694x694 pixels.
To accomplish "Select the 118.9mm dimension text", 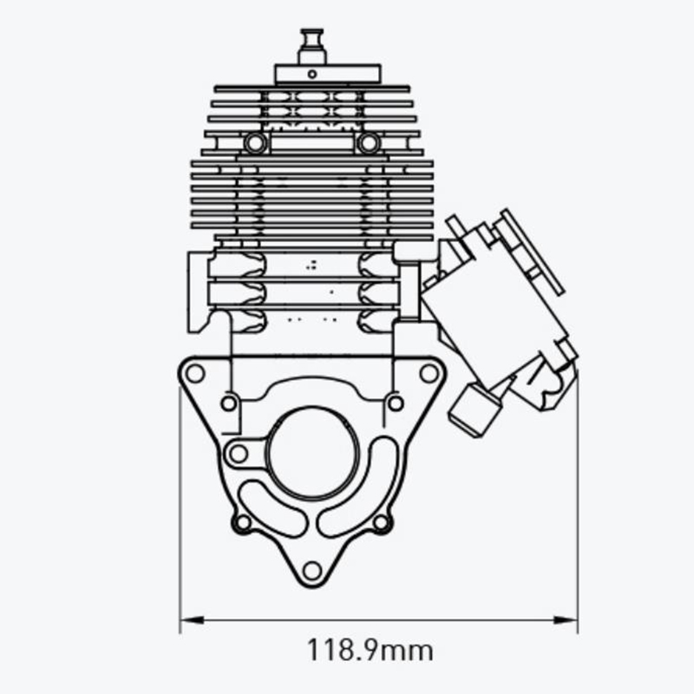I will [370, 649].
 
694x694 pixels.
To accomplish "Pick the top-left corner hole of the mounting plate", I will [196, 373].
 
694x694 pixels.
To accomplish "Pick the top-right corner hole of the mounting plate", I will [429, 373].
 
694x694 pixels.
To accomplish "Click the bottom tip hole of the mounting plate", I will [312, 570].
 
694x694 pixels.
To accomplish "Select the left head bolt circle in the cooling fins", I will [255, 143].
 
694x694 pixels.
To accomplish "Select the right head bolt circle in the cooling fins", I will [369, 143].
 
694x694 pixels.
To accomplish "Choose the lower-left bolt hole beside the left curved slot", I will [243, 522].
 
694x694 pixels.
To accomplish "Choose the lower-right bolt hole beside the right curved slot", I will [381, 522].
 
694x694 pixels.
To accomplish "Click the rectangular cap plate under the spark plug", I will [327, 75].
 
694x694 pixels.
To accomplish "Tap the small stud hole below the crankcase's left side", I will [229, 403].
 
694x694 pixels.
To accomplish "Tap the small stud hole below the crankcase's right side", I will [395, 403].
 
